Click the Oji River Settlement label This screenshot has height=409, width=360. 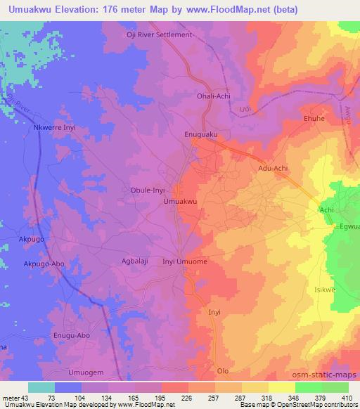point(158,34)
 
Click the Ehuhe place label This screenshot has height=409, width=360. point(313,119)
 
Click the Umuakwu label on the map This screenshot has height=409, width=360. point(179,202)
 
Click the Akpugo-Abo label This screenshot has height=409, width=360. point(45,265)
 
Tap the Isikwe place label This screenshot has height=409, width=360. point(322,289)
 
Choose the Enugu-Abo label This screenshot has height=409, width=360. point(74,336)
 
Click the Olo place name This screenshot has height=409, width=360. point(223,370)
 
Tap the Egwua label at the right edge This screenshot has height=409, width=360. point(349,226)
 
